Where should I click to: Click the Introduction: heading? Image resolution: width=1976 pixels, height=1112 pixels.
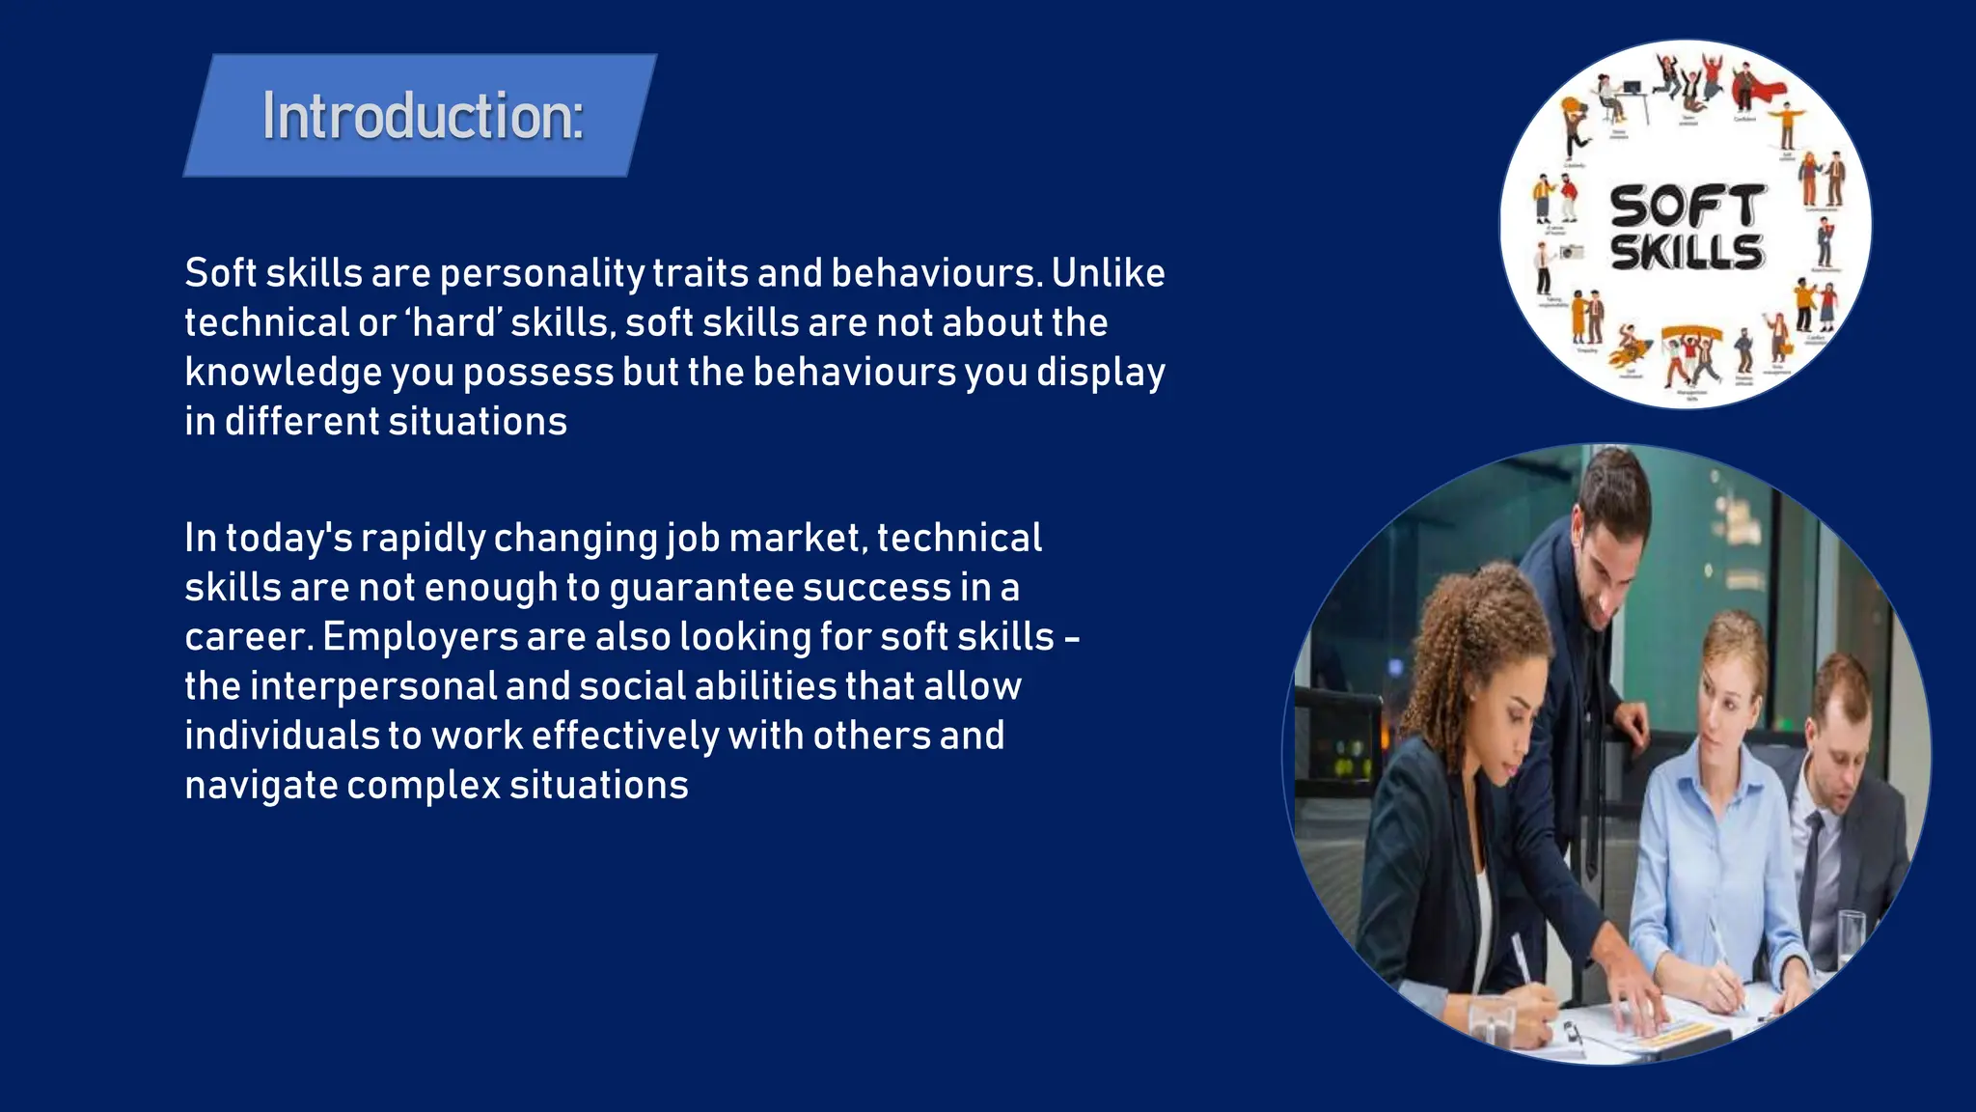423,116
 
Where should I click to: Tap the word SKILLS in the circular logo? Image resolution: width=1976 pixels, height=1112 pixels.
1688,253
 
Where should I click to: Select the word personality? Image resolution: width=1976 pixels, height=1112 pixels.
542,274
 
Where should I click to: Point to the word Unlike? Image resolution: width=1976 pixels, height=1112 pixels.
1108,273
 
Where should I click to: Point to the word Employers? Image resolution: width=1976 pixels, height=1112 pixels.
421,637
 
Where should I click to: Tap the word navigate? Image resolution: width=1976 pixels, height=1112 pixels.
261,786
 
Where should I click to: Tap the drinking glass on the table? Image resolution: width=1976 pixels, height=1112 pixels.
1852,936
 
